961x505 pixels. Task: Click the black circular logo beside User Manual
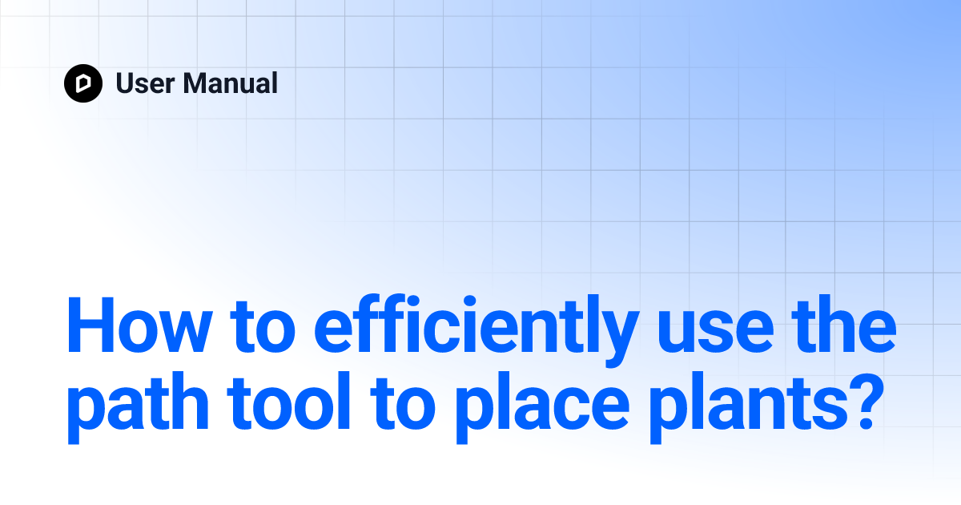tap(83, 83)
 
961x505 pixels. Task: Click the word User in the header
tap(145, 83)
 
